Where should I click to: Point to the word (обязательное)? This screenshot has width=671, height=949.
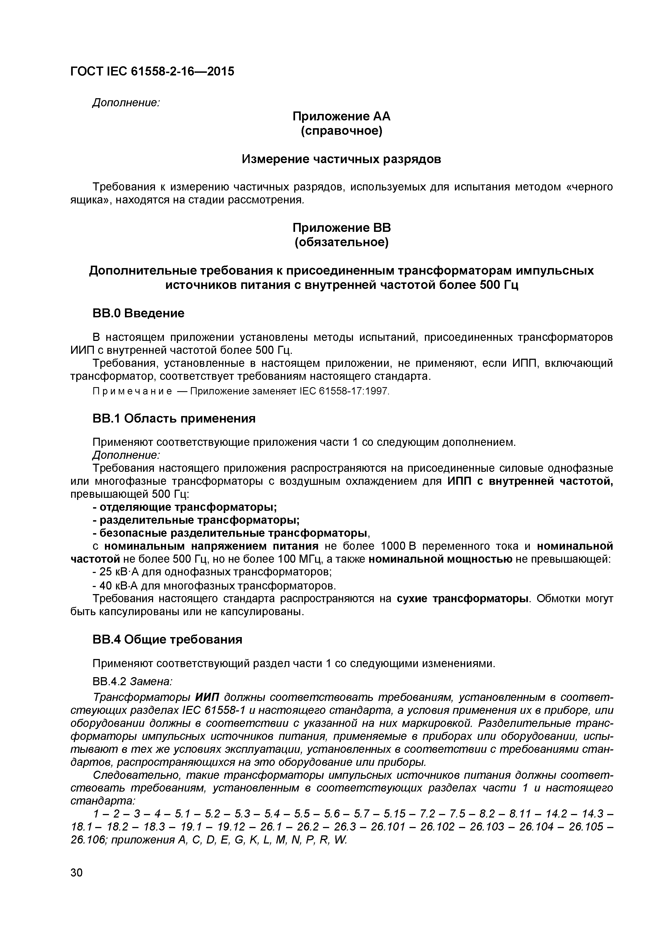(x=341, y=242)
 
